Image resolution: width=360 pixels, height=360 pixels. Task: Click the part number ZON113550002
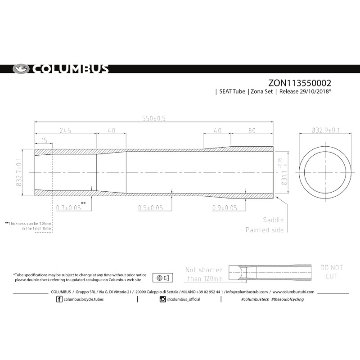[300, 83]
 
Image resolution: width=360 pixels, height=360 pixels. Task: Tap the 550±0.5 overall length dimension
[154, 119]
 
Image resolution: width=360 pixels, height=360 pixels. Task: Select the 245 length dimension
[65, 131]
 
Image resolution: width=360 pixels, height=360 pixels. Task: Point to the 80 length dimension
[252, 131]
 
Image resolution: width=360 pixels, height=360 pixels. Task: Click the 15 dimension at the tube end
[44, 141]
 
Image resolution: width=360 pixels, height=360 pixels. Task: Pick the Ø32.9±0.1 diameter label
[325, 131]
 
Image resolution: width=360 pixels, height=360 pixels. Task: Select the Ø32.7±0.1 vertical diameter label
[19, 172]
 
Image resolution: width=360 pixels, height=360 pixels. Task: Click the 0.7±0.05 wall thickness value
[69, 208]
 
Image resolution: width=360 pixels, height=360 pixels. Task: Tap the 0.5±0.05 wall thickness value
[150, 208]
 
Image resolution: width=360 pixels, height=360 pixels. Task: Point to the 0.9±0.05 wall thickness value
[225, 208]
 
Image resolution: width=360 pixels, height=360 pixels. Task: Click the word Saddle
[273, 220]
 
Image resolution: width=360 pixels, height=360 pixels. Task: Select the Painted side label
[264, 230]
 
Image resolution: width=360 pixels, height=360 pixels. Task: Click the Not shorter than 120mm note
[204, 274]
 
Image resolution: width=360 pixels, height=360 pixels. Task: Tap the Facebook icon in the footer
[60, 299]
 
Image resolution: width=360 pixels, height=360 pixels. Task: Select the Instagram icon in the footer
[162, 299]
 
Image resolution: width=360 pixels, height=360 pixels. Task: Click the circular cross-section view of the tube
[325, 172]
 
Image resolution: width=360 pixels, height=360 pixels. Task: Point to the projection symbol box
[161, 277]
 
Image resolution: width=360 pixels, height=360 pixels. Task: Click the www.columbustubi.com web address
[293, 292]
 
